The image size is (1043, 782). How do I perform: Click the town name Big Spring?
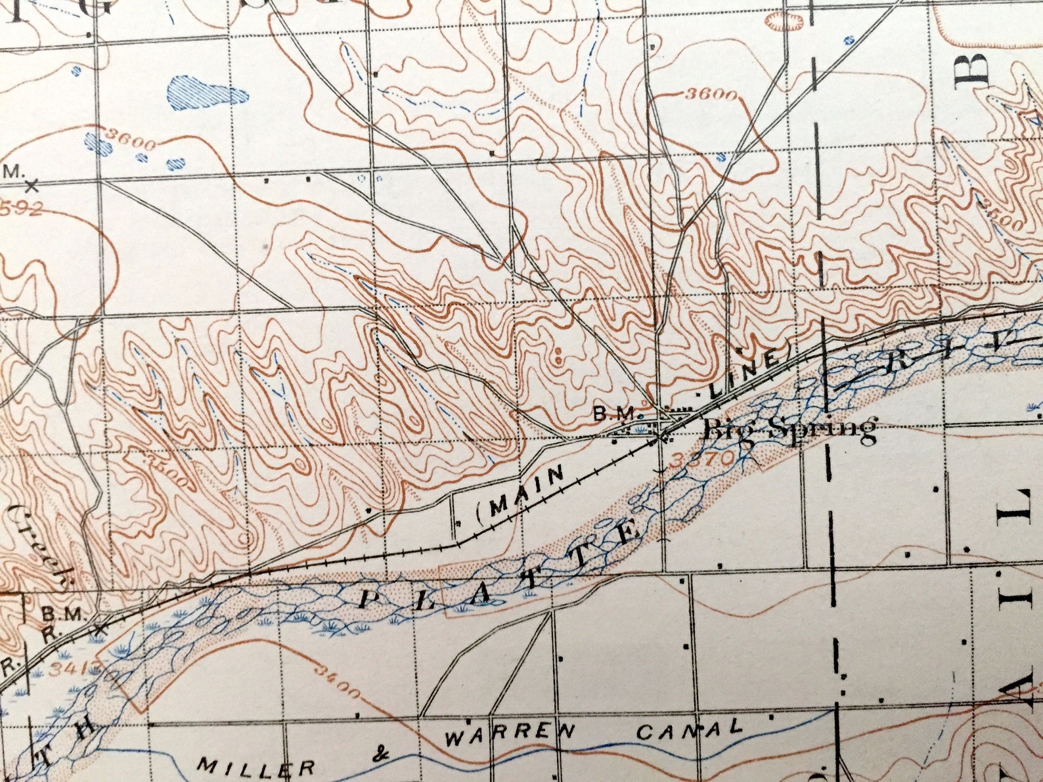(790, 430)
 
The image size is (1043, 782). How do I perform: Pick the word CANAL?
(690, 729)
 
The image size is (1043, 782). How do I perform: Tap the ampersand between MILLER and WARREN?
(380, 755)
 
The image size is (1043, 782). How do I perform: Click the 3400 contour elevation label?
(337, 683)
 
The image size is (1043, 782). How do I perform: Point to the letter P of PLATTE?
(368, 599)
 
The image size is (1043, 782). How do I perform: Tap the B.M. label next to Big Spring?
(615, 414)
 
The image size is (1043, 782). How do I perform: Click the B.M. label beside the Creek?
(64, 615)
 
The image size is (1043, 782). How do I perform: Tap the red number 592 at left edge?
(23, 209)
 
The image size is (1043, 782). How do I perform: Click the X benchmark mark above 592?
(30, 186)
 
